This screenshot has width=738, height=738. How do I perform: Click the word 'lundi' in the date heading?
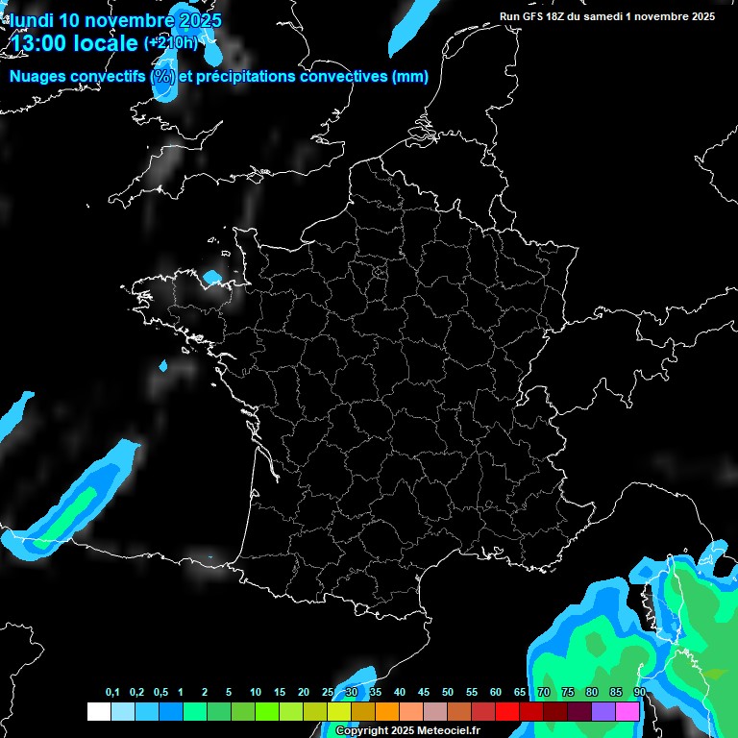coord(31,20)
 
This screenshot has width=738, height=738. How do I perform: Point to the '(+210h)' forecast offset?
coord(170,43)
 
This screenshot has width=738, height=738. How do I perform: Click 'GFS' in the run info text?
coord(540,16)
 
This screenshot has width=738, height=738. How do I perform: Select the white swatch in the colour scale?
coord(98,711)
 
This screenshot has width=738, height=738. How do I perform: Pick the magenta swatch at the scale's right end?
coord(628,711)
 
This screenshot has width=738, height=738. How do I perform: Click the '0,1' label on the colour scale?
coord(112,693)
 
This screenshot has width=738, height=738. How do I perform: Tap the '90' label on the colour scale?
coord(639,693)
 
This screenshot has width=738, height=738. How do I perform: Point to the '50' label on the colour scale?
coord(448,693)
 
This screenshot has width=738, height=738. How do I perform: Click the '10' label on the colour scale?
coord(256,693)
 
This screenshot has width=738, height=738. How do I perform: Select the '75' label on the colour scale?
coord(568,693)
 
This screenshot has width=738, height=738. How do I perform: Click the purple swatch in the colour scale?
coord(603,711)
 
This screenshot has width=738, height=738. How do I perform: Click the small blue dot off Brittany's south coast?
coord(163,366)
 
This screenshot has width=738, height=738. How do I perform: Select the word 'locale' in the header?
coord(106,43)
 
